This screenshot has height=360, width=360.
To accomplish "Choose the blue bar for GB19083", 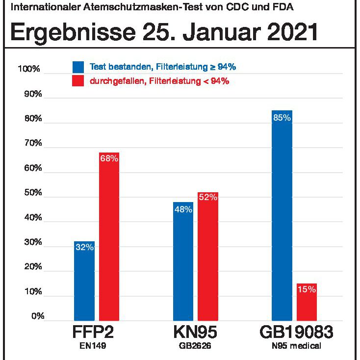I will (x=282, y=215).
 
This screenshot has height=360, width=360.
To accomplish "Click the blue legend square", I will (x=77, y=67).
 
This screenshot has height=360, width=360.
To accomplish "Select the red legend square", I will (x=77, y=81).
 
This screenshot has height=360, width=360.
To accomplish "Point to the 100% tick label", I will (x=28, y=69).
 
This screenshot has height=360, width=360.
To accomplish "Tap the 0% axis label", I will (x=37, y=316).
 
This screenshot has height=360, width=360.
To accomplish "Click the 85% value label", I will (x=282, y=118).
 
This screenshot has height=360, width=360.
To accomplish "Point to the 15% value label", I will (x=307, y=289).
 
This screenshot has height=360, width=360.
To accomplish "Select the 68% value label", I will (x=109, y=158).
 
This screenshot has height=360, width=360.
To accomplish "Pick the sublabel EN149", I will (x=93, y=346).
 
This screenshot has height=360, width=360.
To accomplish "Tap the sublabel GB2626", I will (x=195, y=346).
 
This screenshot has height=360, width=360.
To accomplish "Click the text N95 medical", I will (x=296, y=346).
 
